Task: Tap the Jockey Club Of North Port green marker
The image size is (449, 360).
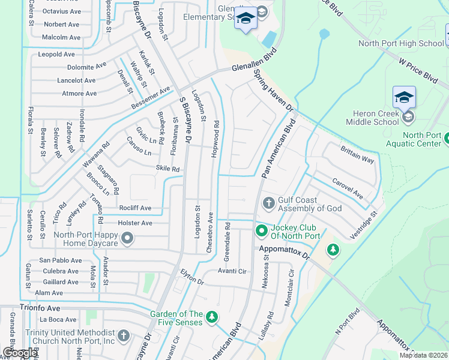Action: click(x=261, y=230)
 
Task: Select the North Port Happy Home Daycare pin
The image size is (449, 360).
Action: click(x=127, y=239)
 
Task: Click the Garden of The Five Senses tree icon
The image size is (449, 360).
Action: click(x=211, y=317)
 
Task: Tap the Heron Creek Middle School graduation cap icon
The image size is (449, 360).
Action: click(x=404, y=97)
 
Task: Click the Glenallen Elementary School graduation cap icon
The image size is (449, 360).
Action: click(x=245, y=19)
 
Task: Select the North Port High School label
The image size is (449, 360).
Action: click(x=400, y=43)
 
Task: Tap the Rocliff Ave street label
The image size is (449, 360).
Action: click(x=135, y=208)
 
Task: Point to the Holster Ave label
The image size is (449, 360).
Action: click(x=135, y=223)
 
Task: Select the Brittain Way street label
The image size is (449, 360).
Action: click(x=357, y=156)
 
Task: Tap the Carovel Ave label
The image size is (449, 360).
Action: click(x=348, y=188)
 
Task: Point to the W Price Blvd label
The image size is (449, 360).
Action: click(x=418, y=69)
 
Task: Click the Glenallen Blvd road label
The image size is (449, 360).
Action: click(x=257, y=63)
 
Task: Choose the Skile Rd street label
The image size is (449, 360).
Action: click(x=167, y=169)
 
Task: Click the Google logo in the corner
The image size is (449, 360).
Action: click(x=19, y=352)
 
